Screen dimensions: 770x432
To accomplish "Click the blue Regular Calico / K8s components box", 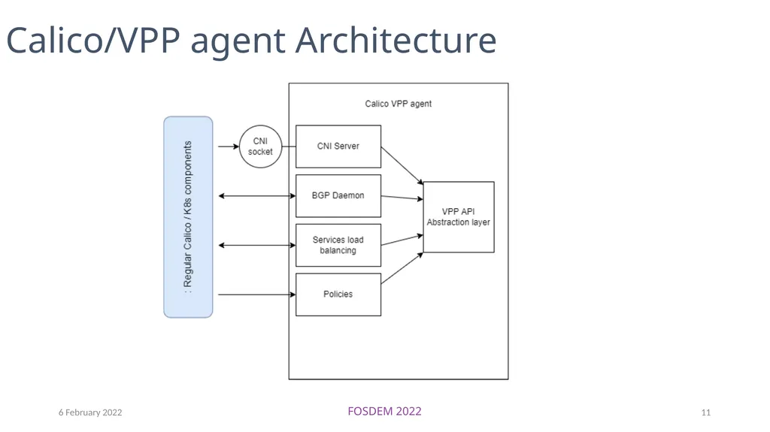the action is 188,217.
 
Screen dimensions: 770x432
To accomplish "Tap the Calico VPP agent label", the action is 399,104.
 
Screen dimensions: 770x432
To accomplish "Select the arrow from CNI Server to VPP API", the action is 402,165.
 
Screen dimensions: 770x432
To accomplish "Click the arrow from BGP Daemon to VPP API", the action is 402,198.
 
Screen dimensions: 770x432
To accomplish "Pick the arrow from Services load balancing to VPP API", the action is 402,240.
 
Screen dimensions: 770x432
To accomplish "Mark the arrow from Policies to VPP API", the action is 402,268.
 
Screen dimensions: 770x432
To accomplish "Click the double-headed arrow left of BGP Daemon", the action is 257,196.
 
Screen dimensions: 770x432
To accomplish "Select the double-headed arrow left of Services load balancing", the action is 257,245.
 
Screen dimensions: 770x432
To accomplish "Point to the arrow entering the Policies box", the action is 257,295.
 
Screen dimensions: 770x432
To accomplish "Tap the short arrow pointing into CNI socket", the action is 229,147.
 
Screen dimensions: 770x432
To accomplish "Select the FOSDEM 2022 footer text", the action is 384,412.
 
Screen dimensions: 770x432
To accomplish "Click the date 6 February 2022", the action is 90,412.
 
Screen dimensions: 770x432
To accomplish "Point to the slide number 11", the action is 705,412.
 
